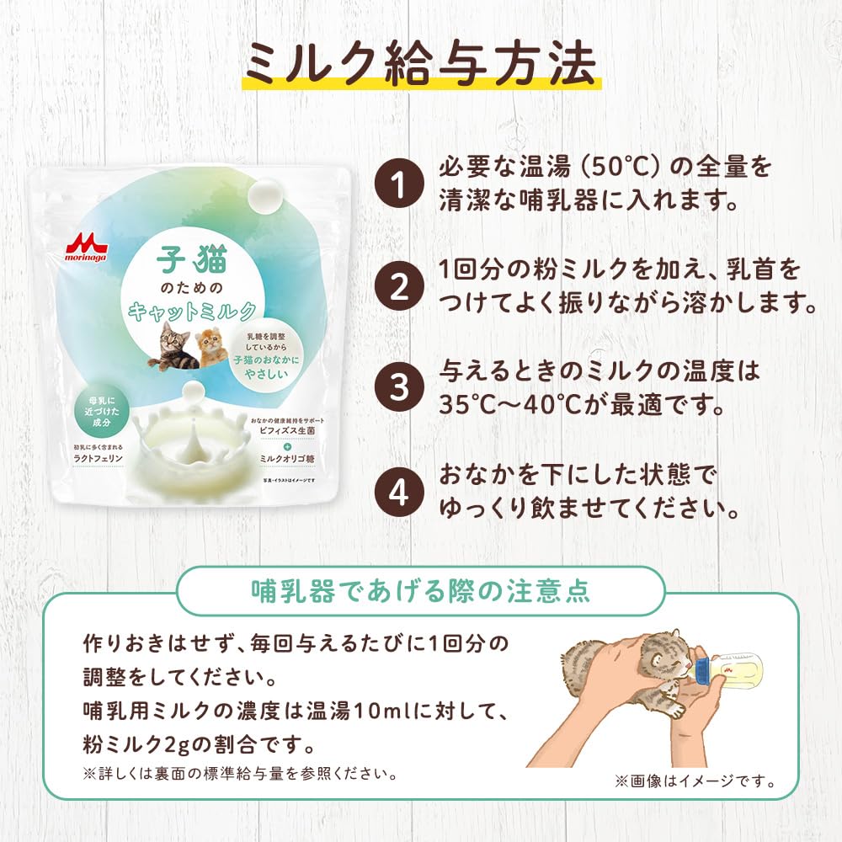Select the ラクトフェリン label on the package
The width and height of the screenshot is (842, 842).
[98, 460]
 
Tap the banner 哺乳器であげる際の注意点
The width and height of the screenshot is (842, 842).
[421, 591]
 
